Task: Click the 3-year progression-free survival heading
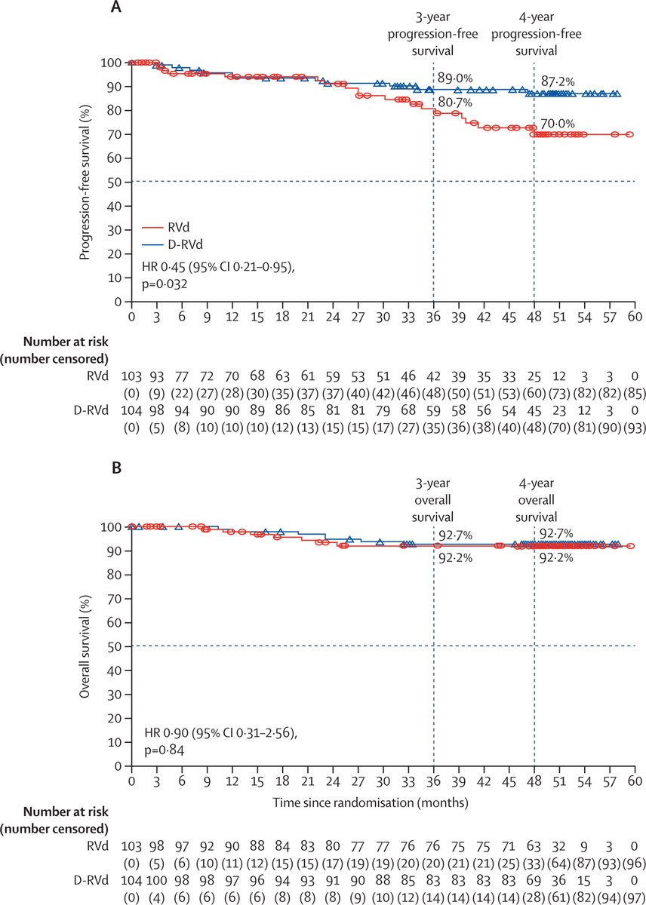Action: [x=433, y=35]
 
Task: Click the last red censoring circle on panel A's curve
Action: [x=629, y=134]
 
